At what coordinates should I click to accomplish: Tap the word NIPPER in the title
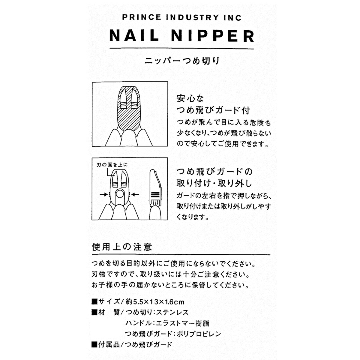coord(213,36)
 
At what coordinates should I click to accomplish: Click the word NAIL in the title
coord(134,36)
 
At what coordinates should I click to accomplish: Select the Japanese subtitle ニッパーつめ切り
coord(182,61)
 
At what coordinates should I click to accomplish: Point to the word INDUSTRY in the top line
coord(193,17)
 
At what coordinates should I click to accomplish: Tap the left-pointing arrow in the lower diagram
coord(136,195)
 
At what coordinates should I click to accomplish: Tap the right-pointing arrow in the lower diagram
coord(103,195)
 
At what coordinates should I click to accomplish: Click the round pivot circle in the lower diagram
coord(120,194)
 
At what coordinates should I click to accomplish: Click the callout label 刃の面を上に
coord(112,164)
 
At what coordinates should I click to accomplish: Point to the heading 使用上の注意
coord(122,247)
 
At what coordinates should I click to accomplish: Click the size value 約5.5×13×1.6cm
coord(155,302)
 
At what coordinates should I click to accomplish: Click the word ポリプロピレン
coord(199,334)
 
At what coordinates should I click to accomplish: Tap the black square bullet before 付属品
coord(95,344)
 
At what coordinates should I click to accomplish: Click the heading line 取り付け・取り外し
coord(214,183)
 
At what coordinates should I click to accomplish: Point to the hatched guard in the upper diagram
coord(130,117)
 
